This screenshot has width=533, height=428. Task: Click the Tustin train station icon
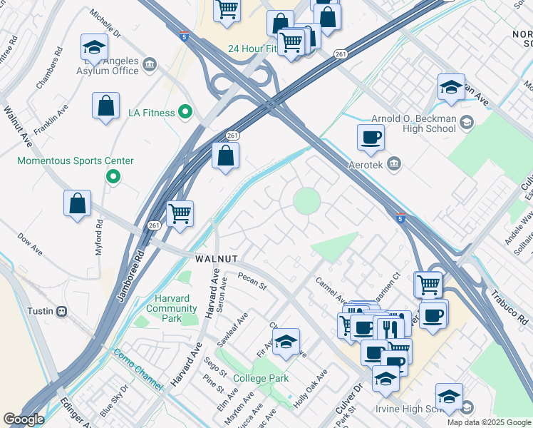62,311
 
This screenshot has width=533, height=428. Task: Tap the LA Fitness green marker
185,112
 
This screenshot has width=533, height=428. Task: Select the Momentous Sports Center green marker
112,176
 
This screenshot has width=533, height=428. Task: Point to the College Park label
262,378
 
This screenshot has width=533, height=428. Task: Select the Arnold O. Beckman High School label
413,123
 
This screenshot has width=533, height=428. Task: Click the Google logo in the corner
23,419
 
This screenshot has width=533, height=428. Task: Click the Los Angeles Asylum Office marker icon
150,66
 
